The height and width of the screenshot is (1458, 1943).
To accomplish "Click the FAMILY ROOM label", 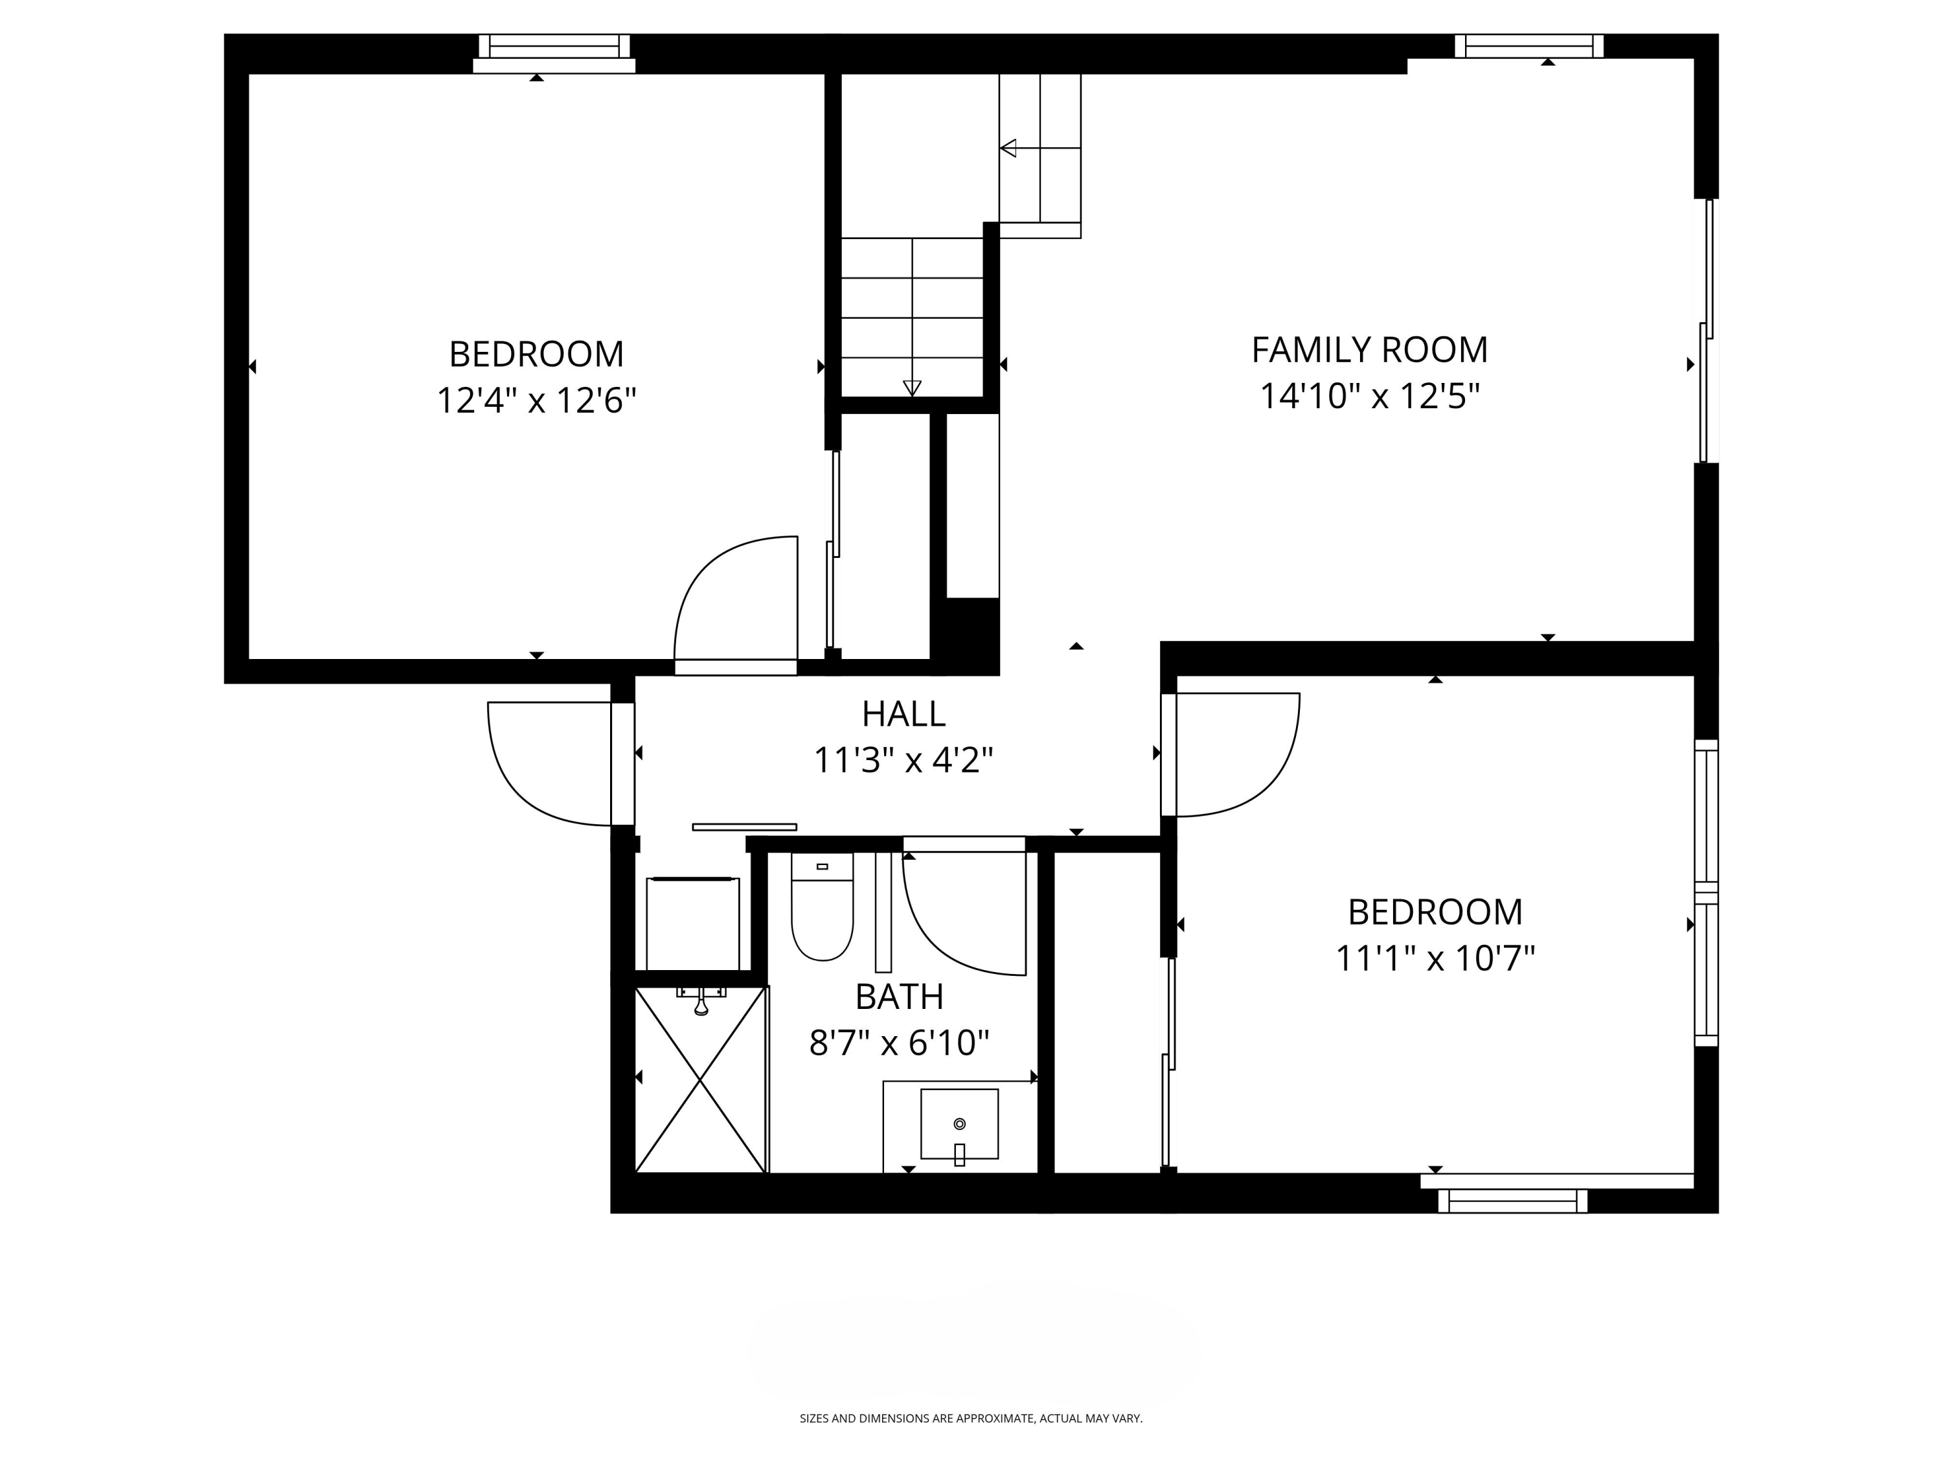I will [1369, 350].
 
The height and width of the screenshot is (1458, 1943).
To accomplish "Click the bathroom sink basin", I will [959, 1124].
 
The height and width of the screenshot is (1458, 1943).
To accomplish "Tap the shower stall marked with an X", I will [700, 1079].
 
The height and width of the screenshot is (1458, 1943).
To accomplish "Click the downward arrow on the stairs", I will [912, 387].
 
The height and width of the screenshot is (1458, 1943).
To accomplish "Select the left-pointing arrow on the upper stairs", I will [1008, 148].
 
